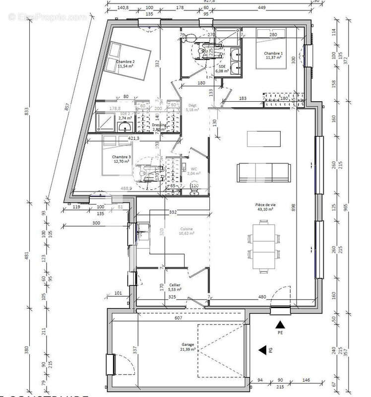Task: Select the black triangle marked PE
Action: pyautogui.click(x=280, y=324)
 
